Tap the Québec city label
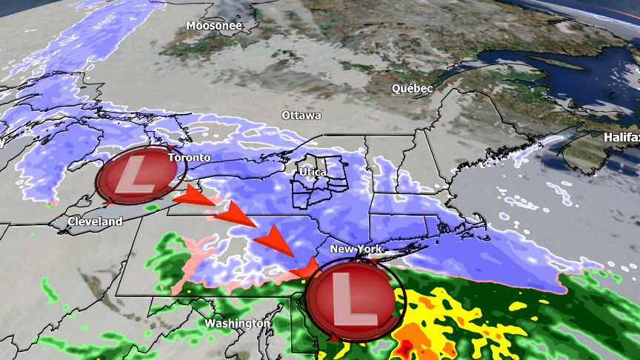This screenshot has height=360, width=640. click(412, 88)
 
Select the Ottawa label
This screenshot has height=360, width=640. click(301, 116)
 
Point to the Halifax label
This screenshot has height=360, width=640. click(621, 137)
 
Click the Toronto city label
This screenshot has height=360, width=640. click(189, 158)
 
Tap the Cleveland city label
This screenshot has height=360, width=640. click(95, 221)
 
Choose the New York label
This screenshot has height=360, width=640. click(356, 249)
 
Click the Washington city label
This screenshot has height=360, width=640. click(238, 324)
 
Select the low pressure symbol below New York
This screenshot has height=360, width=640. click(352, 296)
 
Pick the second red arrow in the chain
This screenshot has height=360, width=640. click(233, 214)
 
